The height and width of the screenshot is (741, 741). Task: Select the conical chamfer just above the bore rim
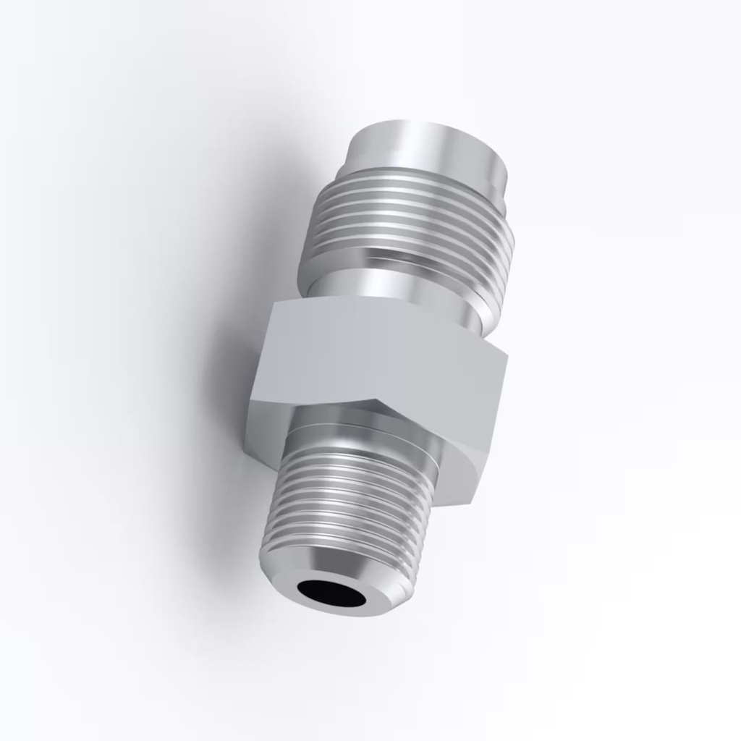tap(340, 569)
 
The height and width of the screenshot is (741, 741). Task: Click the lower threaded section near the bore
tap(347, 507)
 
